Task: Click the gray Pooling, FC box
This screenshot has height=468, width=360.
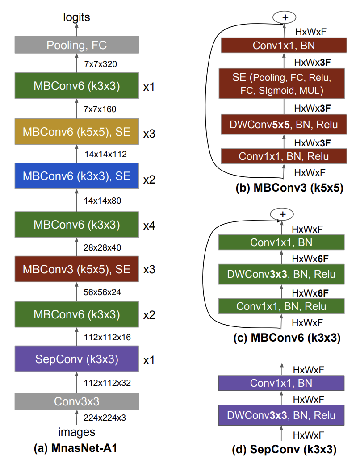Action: [x=76, y=45]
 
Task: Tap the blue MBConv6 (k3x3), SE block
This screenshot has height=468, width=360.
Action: [x=76, y=176]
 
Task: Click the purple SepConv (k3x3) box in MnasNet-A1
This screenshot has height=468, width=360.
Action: [x=76, y=359]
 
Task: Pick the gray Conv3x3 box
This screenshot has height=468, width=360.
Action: [x=76, y=401]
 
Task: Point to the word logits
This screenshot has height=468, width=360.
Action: [x=76, y=17]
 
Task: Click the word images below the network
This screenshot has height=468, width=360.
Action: [x=76, y=432]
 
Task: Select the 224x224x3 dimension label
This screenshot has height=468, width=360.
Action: [x=105, y=418]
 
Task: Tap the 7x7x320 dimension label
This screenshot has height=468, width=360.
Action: [x=100, y=64]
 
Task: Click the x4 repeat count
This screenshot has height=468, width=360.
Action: [x=149, y=226]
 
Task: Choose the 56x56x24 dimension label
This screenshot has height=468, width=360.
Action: [x=103, y=292]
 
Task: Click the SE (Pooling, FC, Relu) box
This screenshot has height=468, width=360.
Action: [x=283, y=84]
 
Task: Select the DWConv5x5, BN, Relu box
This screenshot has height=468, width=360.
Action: [x=283, y=124]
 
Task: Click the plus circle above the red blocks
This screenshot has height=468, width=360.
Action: [x=283, y=17]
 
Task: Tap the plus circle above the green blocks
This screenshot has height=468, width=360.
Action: [x=282, y=214]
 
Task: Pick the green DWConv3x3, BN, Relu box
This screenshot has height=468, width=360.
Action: [x=281, y=274]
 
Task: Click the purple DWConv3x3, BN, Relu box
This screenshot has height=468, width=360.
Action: [x=281, y=415]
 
